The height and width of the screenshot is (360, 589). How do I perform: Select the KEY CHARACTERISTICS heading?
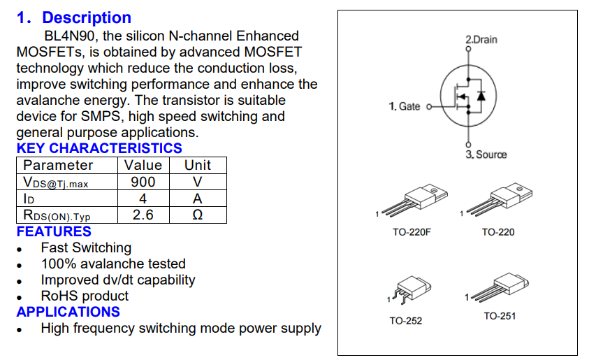pyautogui.click(x=99, y=148)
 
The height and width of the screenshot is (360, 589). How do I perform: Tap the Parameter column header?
pyautogui.click(x=58, y=166)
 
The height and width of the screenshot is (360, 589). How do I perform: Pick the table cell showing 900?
pyautogui.click(x=143, y=182)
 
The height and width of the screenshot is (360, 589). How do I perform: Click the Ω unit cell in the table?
pyautogui.click(x=197, y=215)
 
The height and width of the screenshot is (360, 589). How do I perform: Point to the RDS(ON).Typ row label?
pyautogui.click(x=56, y=215)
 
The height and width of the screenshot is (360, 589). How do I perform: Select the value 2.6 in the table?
pyautogui.click(x=143, y=215)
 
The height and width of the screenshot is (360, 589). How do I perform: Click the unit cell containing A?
pyautogui.click(x=197, y=199)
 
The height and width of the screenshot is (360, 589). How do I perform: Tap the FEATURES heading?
pyautogui.click(x=54, y=231)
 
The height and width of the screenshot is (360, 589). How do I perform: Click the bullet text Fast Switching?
pyautogui.click(x=86, y=248)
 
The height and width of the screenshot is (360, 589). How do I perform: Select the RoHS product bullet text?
pyautogui.click(x=85, y=296)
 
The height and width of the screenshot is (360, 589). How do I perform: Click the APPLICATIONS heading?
pyautogui.click(x=68, y=312)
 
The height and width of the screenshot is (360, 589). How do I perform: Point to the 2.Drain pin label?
pyautogui.click(x=481, y=40)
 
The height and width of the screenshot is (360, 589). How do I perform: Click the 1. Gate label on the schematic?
pyautogui.click(x=405, y=106)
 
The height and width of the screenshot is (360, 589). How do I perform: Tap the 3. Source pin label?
pyautogui.click(x=486, y=154)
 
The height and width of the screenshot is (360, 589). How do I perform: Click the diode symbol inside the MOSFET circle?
pyautogui.click(x=481, y=96)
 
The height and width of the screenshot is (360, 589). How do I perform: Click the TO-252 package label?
pyautogui.click(x=406, y=321)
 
